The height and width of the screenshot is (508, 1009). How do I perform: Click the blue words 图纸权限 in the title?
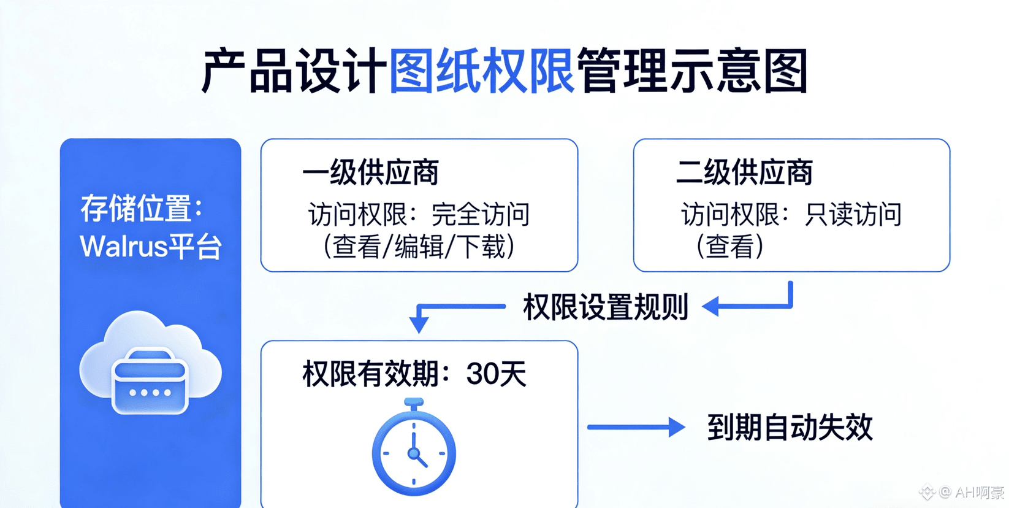(481, 71)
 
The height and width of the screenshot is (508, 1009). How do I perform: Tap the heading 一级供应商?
(370, 172)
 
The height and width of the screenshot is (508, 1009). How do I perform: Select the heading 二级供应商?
(744, 172)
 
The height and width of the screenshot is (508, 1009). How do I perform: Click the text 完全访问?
(481, 215)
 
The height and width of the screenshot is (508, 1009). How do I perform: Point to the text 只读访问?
(853, 215)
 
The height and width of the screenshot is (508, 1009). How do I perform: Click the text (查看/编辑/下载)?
(419, 247)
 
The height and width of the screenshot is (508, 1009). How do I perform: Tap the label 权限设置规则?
(605, 307)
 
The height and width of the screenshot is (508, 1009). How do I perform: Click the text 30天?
(496, 374)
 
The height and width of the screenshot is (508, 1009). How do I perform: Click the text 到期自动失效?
(790, 427)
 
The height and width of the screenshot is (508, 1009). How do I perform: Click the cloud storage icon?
(150, 365)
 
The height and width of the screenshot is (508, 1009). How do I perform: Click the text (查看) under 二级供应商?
(729, 247)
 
